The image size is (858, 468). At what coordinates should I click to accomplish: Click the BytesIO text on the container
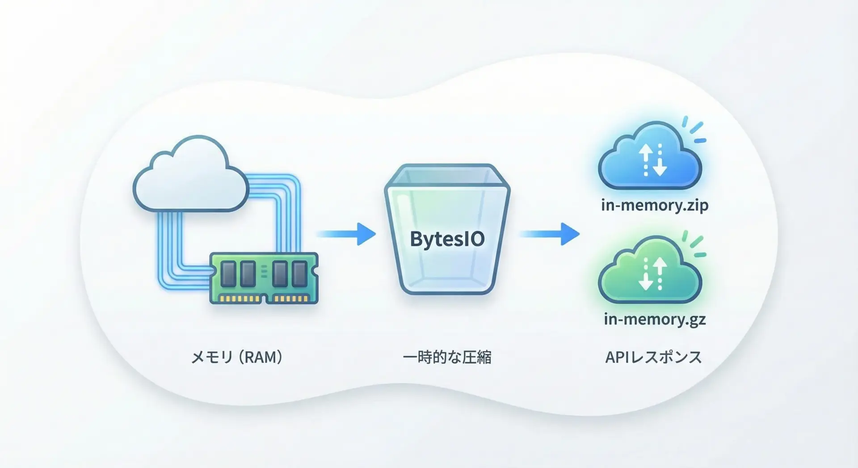[447, 239]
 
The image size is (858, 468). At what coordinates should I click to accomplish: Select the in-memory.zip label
[655, 206]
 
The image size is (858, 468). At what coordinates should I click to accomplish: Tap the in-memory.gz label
[655, 319]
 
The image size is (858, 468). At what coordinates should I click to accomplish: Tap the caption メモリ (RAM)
[237, 357]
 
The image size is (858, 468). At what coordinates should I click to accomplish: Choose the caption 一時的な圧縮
[447, 357]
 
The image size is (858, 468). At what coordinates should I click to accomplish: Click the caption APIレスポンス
[653, 357]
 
